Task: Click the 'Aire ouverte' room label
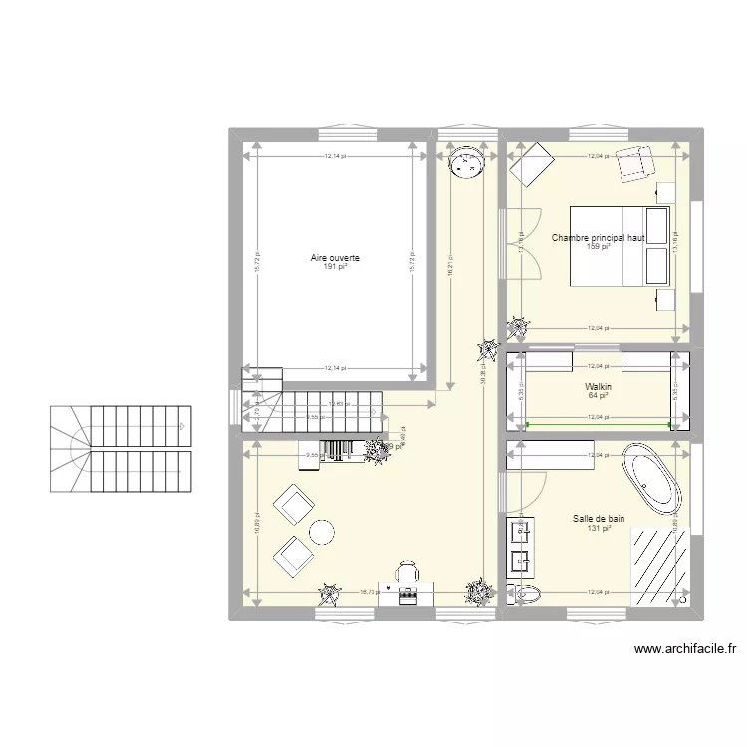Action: (335, 258)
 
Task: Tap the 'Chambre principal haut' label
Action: (599, 238)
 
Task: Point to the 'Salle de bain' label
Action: (599, 518)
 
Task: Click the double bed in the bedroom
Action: (619, 246)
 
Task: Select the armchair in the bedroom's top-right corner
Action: (632, 164)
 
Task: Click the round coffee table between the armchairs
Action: (321, 533)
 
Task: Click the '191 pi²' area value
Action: (335, 267)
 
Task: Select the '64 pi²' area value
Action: (598, 396)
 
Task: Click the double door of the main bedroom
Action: (522, 245)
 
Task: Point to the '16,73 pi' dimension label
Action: (367, 591)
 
